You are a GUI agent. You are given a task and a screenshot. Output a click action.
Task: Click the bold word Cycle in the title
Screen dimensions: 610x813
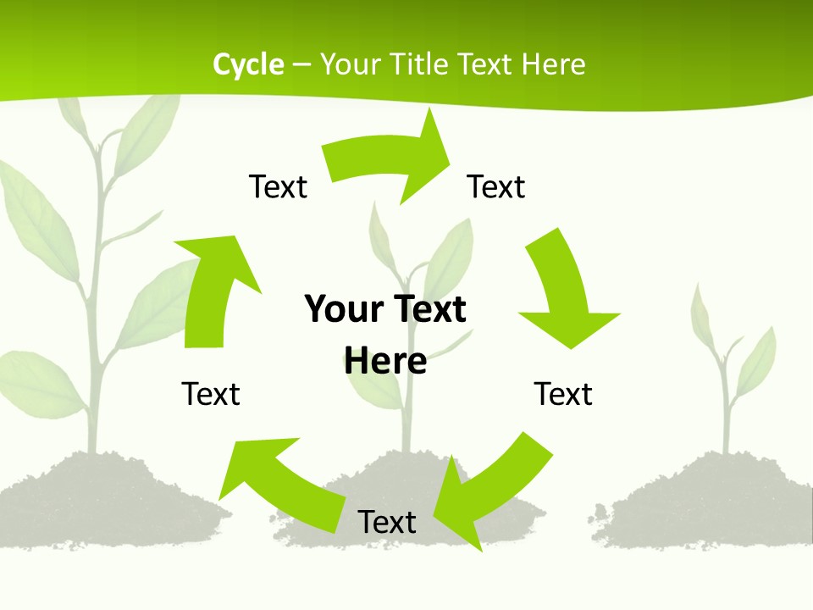(x=248, y=64)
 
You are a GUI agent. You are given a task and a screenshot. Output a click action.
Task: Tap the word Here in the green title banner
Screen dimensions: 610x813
(x=553, y=64)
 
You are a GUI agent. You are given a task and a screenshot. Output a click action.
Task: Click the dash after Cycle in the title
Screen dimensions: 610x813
(x=301, y=65)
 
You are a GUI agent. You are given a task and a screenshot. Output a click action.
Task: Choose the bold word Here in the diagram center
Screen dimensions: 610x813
(x=385, y=361)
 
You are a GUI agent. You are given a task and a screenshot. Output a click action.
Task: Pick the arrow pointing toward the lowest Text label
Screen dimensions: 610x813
(x=491, y=491)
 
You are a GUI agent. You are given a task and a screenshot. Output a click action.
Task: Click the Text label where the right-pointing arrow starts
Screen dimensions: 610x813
(x=278, y=186)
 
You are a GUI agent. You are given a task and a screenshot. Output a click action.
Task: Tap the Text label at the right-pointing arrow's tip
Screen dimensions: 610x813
(x=496, y=186)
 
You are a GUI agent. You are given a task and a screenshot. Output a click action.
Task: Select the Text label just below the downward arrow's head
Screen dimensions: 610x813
(x=563, y=394)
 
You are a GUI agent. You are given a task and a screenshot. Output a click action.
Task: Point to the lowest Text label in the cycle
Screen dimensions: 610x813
(x=387, y=522)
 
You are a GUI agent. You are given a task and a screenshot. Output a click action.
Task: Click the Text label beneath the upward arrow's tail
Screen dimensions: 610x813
(x=211, y=394)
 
